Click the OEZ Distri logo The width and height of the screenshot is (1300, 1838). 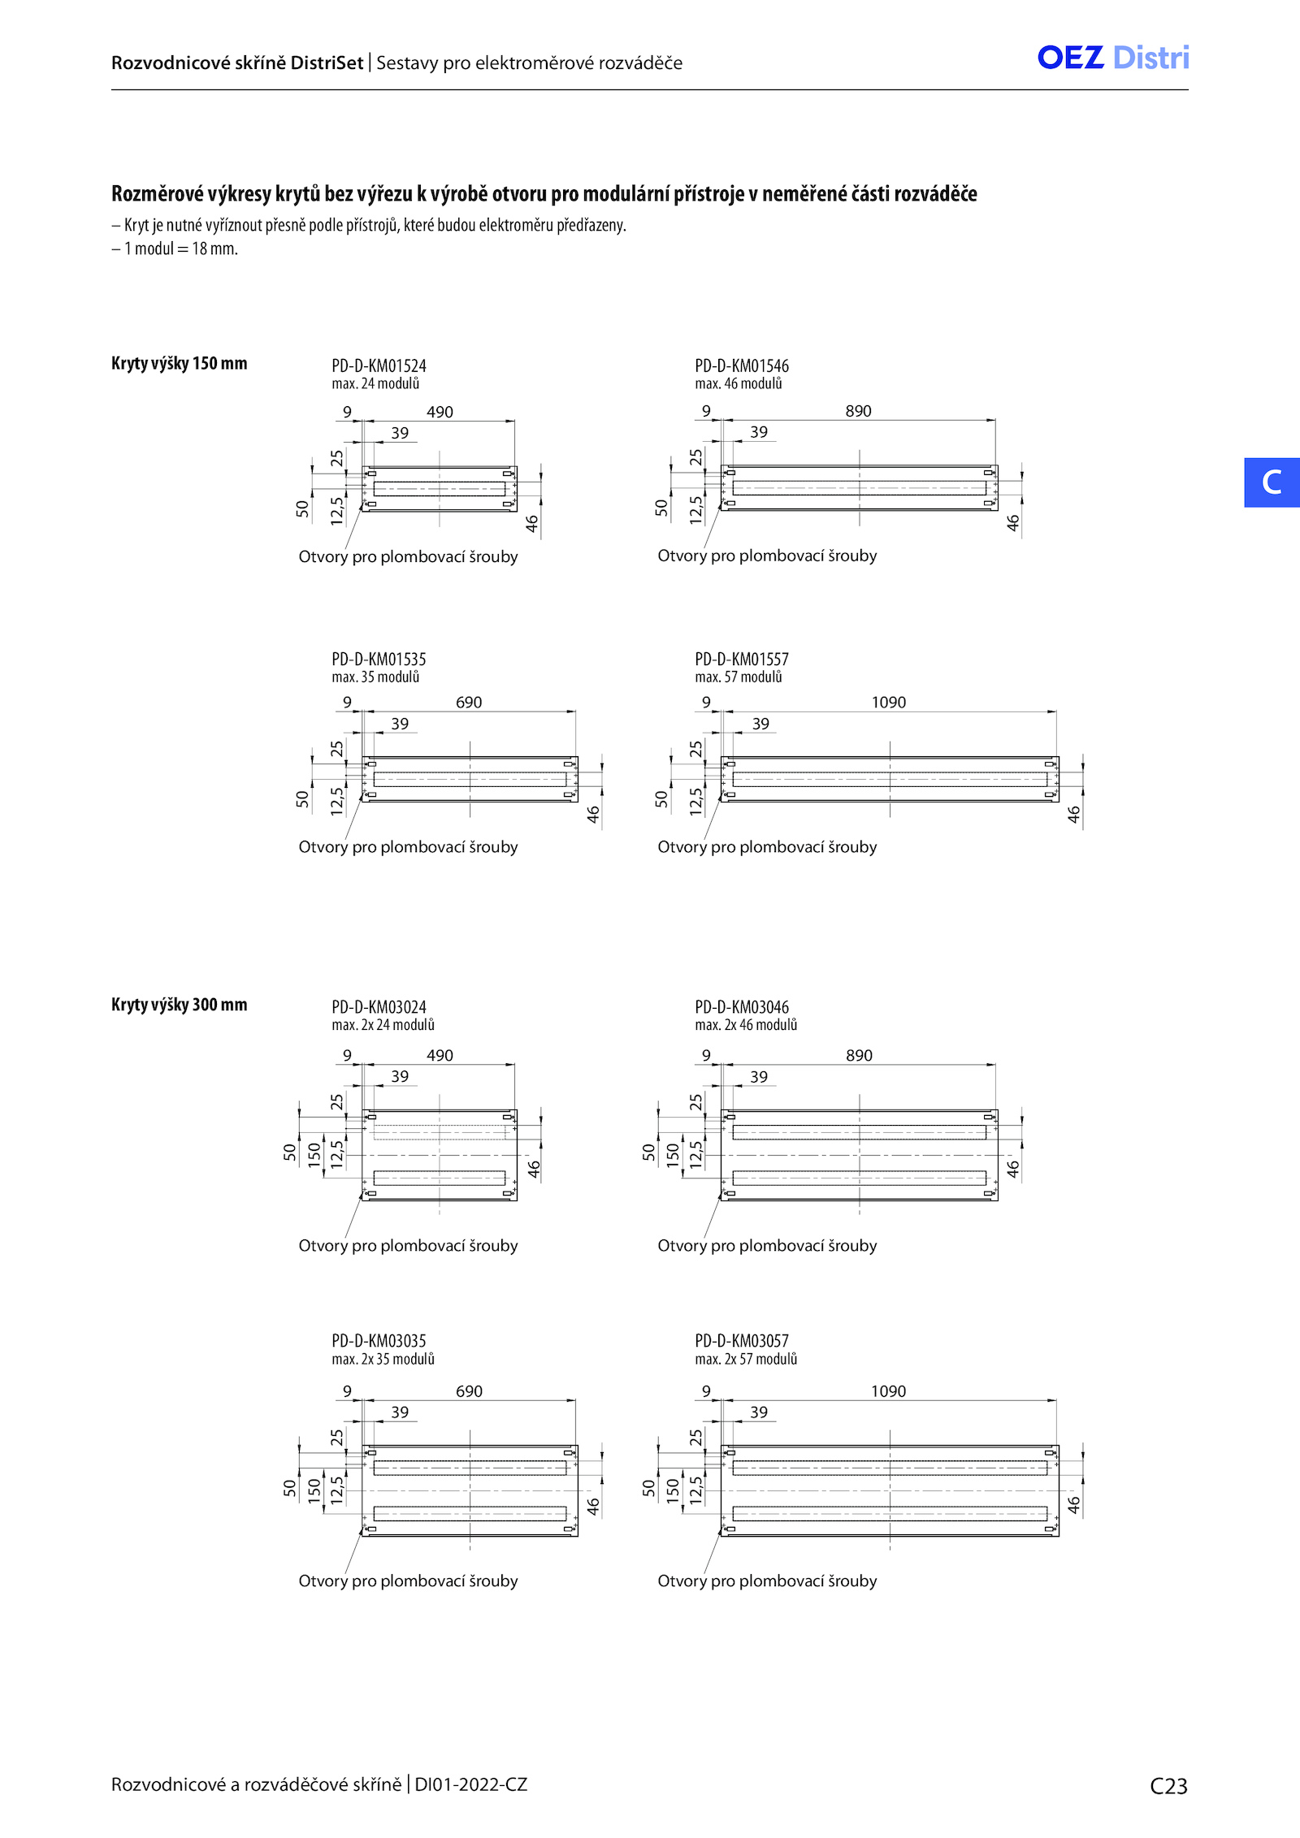pyautogui.click(x=1113, y=58)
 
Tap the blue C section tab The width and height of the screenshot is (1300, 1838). pyautogui.click(x=1272, y=482)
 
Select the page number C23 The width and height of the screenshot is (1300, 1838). pyautogui.click(x=1168, y=1786)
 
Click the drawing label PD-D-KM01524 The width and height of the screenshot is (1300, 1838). pyautogui.click(x=379, y=366)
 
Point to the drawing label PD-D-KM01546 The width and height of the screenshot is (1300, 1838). pyautogui.click(x=742, y=366)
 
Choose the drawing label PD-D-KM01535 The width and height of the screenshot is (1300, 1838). pyautogui.click(x=379, y=660)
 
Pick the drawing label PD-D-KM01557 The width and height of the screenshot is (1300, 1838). pyautogui.click(x=742, y=660)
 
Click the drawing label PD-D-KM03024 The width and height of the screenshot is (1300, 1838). pyautogui.click(x=379, y=1007)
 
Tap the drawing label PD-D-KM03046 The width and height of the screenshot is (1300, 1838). pyautogui.click(x=742, y=1007)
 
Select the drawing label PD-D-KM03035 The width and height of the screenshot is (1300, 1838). pyautogui.click(x=379, y=1341)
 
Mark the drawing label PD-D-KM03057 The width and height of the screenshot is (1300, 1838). pyautogui.click(x=742, y=1341)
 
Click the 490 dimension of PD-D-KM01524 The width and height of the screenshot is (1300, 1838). pyautogui.click(x=440, y=412)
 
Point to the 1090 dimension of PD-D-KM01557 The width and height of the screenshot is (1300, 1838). pyautogui.click(x=889, y=703)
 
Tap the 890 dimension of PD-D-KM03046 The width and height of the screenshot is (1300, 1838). pyautogui.click(x=859, y=1055)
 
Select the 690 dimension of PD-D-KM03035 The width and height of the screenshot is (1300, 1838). pyautogui.click(x=469, y=1391)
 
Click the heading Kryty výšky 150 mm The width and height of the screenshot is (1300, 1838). pyautogui.click(x=180, y=364)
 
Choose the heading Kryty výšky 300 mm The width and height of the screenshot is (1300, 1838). pyautogui.click(x=180, y=1005)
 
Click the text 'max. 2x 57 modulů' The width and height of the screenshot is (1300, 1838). pyautogui.click(x=746, y=1359)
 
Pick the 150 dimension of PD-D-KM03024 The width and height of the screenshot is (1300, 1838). pyautogui.click(x=314, y=1154)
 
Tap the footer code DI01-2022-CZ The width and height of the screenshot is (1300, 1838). pyautogui.click(x=471, y=1784)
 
